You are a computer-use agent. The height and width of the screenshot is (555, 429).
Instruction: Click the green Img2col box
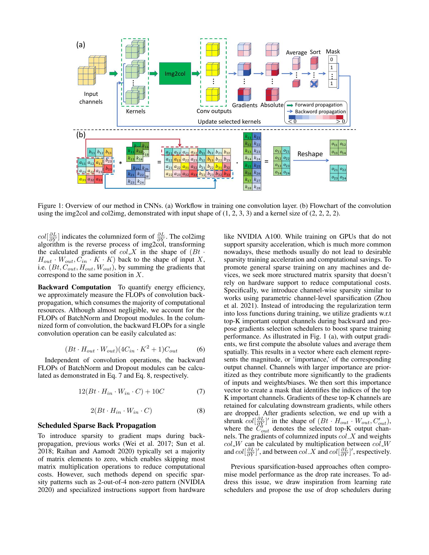pyautogui.click(x=175, y=74)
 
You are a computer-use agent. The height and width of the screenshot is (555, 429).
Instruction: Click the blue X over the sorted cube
pyautogui.click(x=314, y=84)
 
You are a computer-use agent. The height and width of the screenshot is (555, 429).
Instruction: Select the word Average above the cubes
pyautogui.click(x=296, y=53)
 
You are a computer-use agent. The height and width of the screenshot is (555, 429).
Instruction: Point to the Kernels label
pyautogui.click(x=136, y=111)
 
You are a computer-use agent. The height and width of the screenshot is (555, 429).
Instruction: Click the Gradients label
pyautogui.click(x=245, y=105)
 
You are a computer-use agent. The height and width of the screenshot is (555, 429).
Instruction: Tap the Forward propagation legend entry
pyautogui.click(x=318, y=105)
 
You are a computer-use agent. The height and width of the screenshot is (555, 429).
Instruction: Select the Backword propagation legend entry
pyautogui.click(x=320, y=112)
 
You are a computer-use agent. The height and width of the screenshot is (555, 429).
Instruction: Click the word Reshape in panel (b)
pyautogui.click(x=310, y=154)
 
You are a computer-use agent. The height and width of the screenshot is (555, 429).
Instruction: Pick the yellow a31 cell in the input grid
pyautogui.click(x=82, y=180)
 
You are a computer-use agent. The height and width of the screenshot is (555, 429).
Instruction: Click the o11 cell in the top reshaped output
pyautogui.click(x=334, y=144)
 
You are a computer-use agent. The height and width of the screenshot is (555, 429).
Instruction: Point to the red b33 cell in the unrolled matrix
pyautogui.click(x=227, y=174)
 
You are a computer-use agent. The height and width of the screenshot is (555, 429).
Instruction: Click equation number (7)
pyautogui.click(x=201, y=391)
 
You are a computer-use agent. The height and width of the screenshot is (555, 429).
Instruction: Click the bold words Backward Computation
pyautogui.click(x=74, y=287)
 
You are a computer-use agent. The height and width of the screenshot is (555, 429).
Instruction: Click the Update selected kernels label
pyautogui.click(x=229, y=122)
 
